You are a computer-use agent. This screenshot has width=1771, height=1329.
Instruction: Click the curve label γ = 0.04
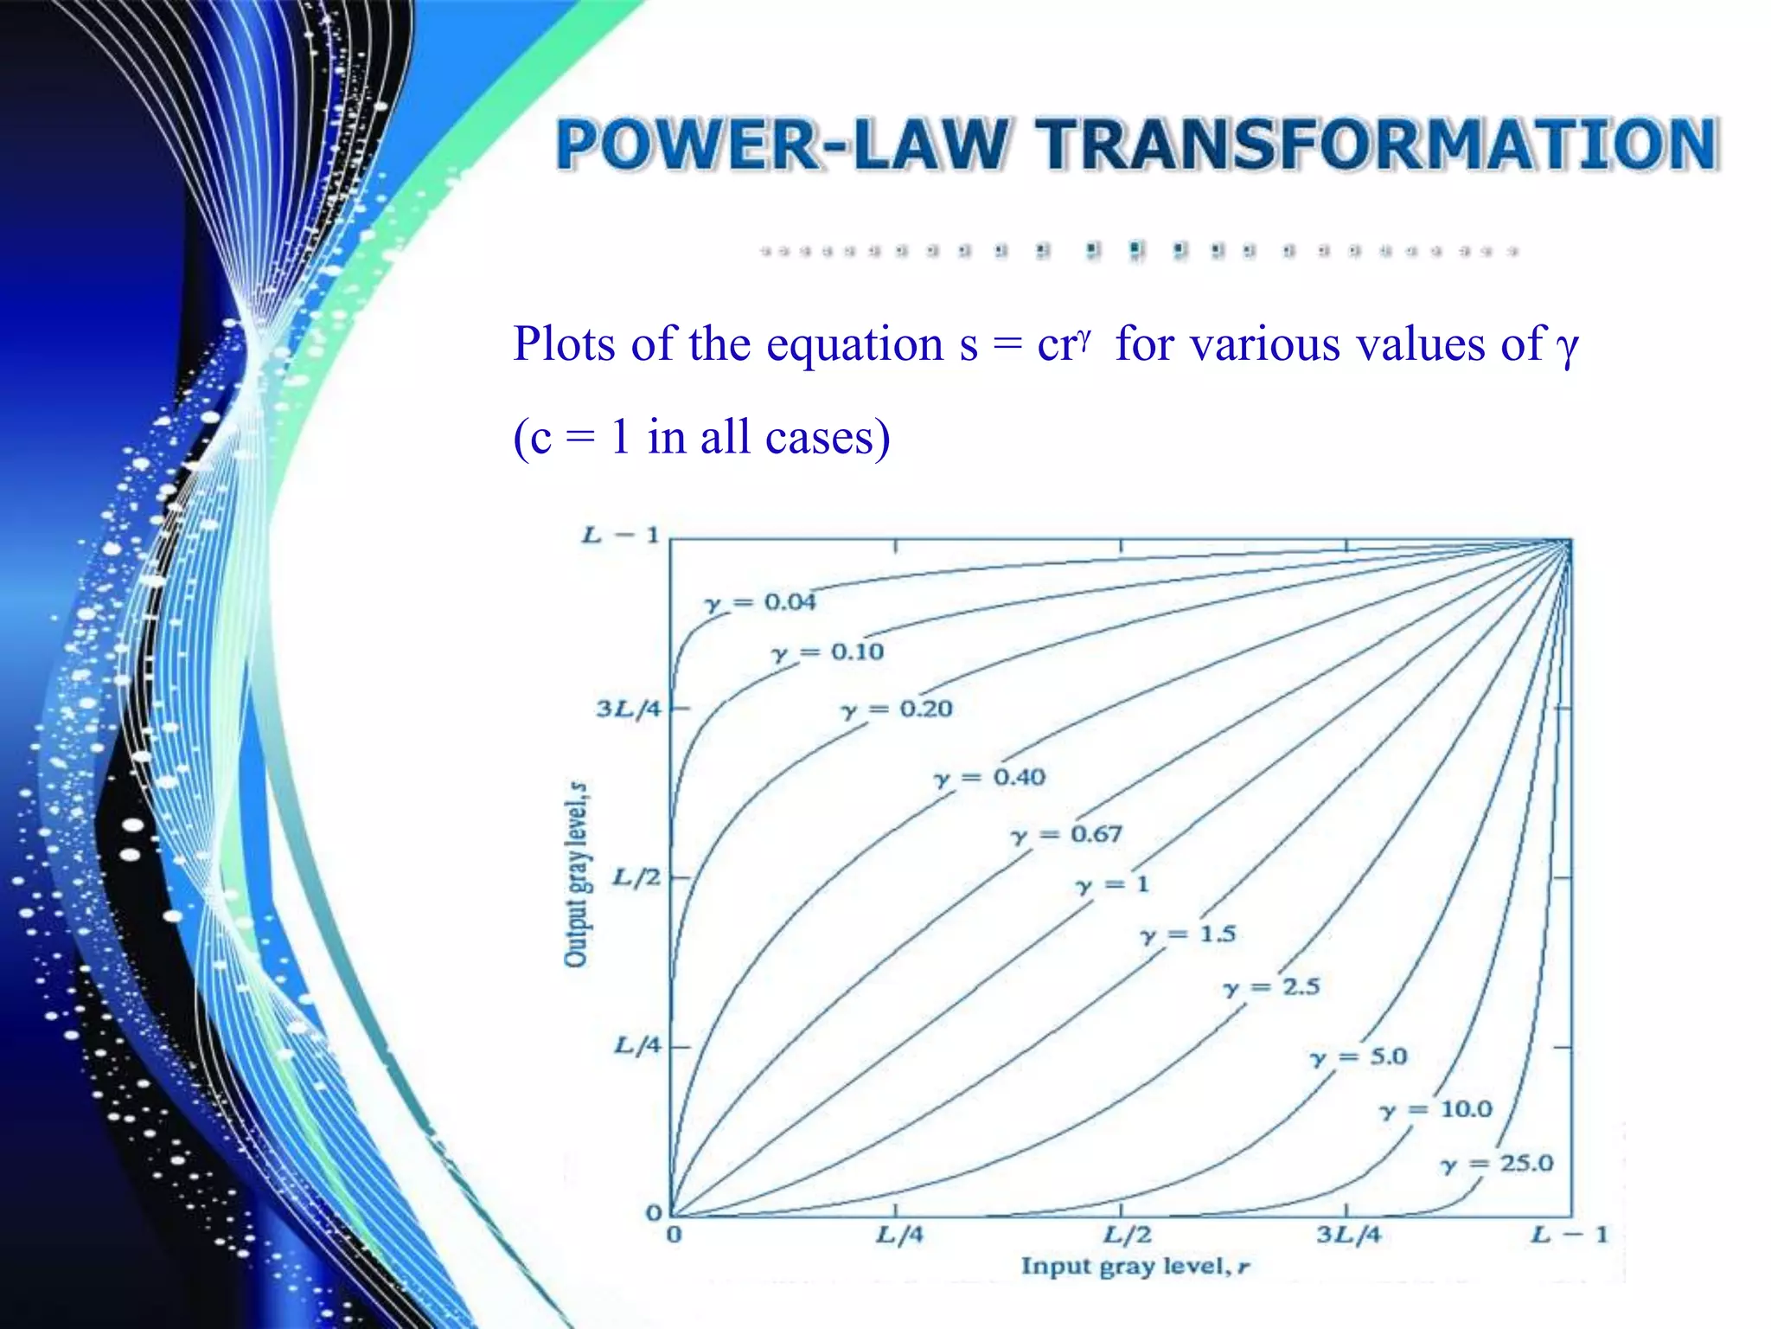click(760, 603)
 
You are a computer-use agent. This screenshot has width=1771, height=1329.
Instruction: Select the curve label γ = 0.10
click(828, 652)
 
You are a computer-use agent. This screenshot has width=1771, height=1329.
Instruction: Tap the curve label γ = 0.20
click(897, 709)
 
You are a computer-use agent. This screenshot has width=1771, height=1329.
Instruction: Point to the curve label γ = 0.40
click(989, 777)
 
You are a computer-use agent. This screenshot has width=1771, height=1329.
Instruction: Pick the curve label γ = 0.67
click(1066, 835)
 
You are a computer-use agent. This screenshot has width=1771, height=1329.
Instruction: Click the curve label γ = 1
click(1112, 885)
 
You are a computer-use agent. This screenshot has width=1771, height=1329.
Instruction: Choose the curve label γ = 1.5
click(1188, 934)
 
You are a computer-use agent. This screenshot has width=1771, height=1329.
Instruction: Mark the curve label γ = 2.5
click(1271, 987)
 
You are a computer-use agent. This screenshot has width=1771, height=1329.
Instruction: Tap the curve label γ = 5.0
click(1359, 1056)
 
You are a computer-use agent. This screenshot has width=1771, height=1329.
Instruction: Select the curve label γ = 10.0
click(1435, 1109)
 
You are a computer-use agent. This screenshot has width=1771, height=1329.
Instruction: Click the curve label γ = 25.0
click(1497, 1164)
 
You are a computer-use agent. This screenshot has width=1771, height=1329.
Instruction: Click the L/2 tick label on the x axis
click(1127, 1235)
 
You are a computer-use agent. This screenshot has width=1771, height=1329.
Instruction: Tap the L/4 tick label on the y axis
click(637, 1046)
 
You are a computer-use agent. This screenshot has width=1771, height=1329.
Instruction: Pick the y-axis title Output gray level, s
click(576, 874)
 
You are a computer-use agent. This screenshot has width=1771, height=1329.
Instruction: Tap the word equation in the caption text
click(856, 344)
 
